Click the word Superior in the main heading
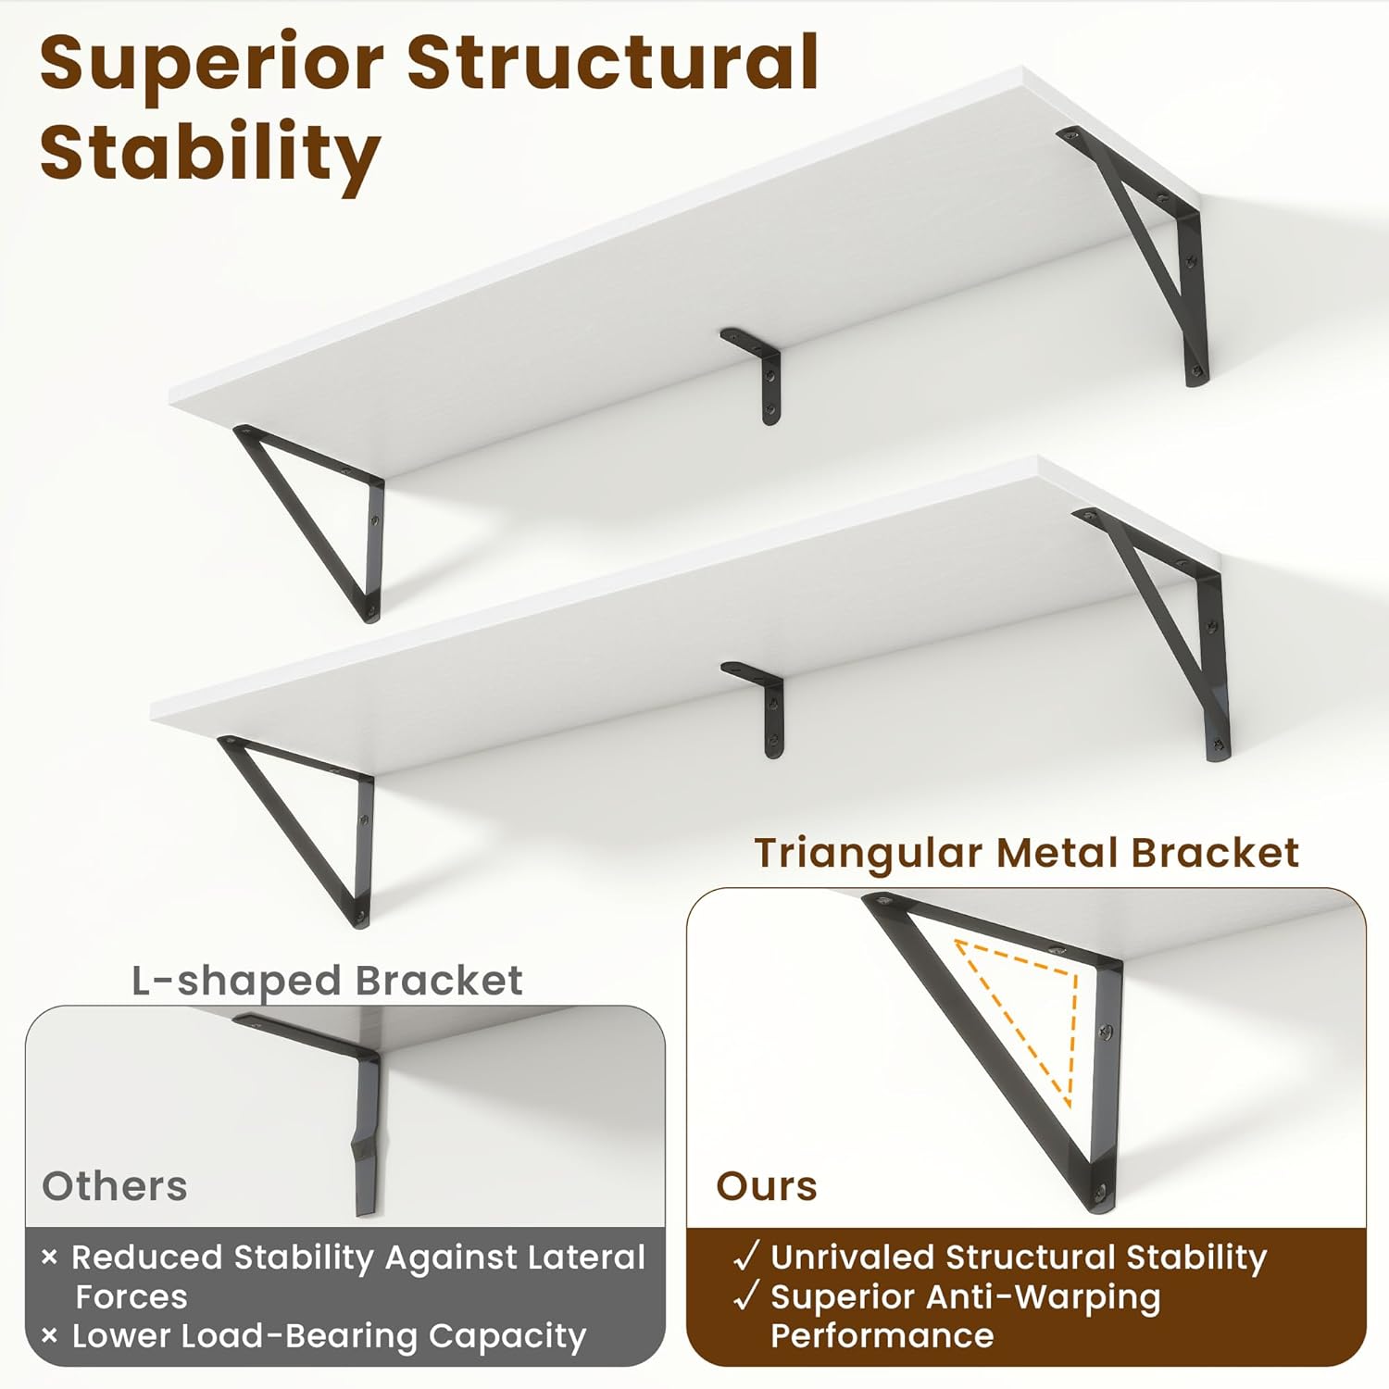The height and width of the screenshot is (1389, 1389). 211,63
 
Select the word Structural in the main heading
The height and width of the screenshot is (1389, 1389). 612,63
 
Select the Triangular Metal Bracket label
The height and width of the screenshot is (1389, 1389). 1026,853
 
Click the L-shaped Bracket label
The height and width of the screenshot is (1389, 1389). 327,981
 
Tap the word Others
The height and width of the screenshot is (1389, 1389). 115,1186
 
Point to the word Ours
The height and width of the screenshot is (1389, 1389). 767,1186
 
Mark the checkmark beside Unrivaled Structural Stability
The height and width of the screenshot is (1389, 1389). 746,1257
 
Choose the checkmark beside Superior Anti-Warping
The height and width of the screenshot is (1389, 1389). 746,1295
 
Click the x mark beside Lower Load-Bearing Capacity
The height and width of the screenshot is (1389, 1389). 50,1335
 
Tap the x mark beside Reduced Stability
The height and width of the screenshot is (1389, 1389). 50,1257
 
